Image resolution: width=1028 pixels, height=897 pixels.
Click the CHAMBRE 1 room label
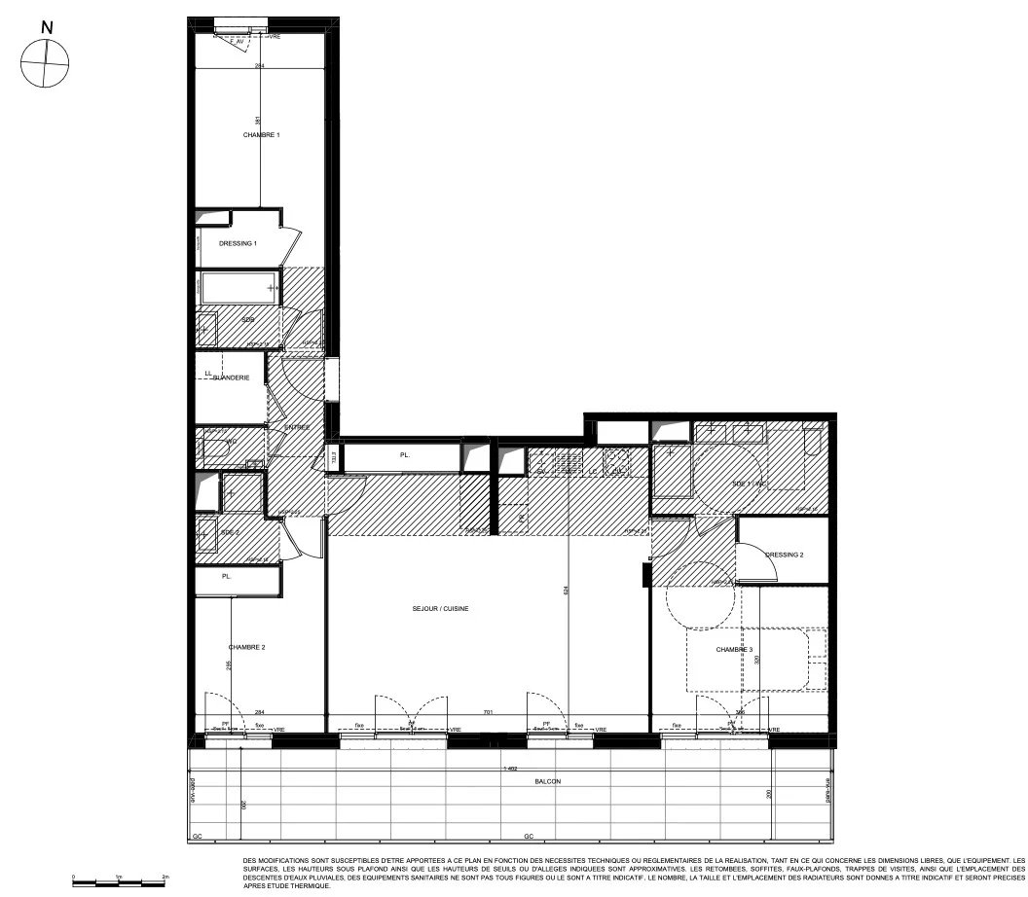click(261, 134)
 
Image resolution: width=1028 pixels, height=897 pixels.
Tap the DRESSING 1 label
click(238, 243)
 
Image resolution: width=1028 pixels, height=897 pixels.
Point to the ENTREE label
click(297, 427)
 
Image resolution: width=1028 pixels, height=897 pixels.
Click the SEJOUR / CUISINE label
click(440, 608)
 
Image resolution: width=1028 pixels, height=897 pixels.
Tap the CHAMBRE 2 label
click(246, 647)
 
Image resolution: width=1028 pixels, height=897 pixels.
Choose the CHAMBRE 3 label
click(734, 650)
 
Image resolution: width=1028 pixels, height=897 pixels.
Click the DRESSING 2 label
click(784, 555)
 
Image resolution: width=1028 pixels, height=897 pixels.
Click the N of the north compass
click(45, 27)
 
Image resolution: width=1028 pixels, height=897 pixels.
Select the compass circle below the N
click(45, 62)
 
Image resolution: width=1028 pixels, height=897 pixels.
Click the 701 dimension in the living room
click(488, 712)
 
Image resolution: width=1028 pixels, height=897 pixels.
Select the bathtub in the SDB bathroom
click(239, 288)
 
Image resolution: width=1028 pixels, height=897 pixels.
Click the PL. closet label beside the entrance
click(404, 454)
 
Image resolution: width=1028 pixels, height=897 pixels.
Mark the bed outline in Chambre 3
click(755, 660)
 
